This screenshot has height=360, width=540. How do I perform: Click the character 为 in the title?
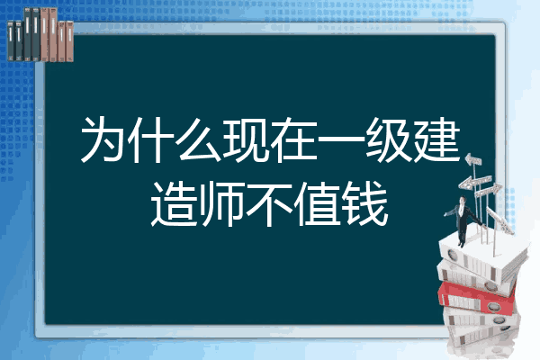(103, 139)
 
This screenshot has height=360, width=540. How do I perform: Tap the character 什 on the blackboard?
(151, 139)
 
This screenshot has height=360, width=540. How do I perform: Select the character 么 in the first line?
(199, 139)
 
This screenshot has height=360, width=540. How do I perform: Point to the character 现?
(246, 139)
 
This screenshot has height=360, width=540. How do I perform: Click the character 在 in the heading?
(293, 139)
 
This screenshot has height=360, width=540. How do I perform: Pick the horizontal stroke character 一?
(341, 139)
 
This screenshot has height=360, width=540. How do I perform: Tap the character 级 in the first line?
(389, 139)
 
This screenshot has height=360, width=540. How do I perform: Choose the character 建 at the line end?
(436, 139)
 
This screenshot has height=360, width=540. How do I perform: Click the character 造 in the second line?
(175, 204)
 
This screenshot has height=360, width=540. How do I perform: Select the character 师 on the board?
(222, 204)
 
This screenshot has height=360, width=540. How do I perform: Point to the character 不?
(270, 204)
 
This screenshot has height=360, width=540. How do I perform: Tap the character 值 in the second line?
(317, 204)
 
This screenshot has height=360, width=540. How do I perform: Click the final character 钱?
(365, 204)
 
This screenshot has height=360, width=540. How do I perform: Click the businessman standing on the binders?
(463, 220)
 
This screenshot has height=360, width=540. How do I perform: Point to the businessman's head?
(462, 200)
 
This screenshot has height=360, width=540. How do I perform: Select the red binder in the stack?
(477, 298)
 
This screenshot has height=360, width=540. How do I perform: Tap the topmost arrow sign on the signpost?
(473, 159)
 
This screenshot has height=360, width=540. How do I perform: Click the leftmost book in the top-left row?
(11, 41)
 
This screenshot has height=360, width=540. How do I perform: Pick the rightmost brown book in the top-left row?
(69, 41)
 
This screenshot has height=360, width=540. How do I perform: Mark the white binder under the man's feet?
(482, 255)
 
